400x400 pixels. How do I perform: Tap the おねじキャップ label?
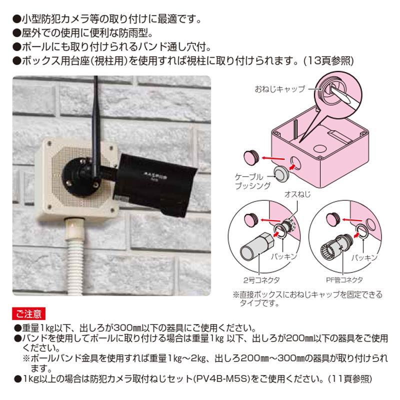click(x=279, y=89)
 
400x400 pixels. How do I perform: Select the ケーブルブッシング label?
click(x=252, y=181)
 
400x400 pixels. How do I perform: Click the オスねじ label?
click(x=297, y=193)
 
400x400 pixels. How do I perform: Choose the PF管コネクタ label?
click(x=345, y=280)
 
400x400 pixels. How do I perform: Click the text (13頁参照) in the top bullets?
click(x=329, y=60)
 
